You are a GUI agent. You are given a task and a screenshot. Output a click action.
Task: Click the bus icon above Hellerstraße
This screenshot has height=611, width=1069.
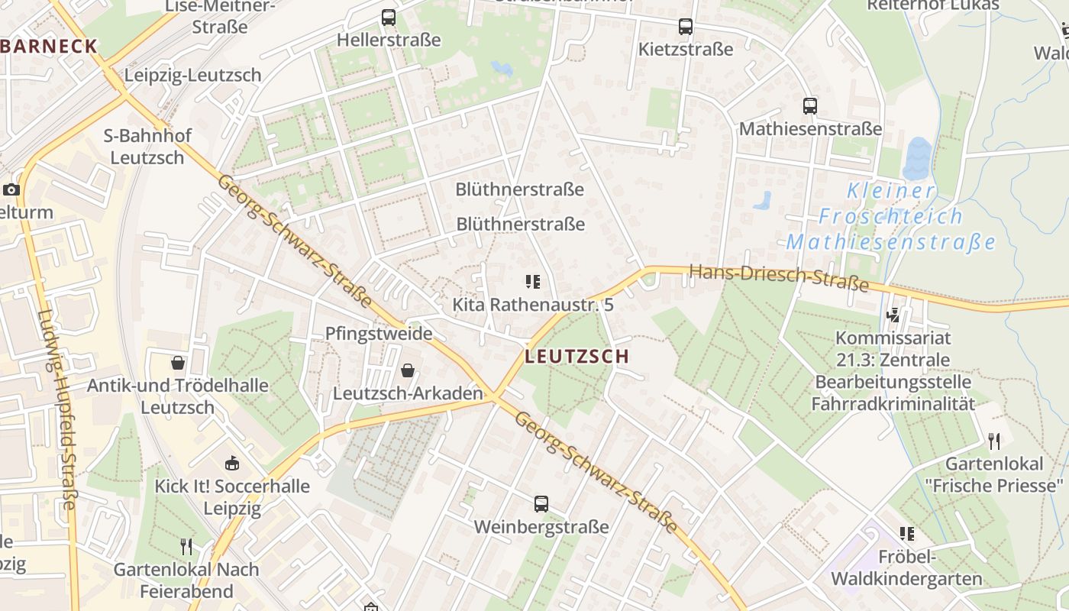pos(389,18)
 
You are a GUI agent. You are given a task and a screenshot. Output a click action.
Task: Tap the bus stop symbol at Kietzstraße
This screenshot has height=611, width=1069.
pos(686,27)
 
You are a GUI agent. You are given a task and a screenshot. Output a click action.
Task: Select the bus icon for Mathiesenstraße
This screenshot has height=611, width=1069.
pos(810,106)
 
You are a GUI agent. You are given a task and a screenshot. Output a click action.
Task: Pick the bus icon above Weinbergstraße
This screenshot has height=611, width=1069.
pos(541,504)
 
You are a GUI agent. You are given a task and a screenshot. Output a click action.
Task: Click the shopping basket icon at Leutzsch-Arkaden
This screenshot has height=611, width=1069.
pos(409,371)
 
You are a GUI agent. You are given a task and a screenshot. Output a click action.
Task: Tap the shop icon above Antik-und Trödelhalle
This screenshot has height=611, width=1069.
pos(178,363)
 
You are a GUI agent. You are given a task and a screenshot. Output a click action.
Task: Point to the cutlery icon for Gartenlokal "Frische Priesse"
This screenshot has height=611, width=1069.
pos(993,441)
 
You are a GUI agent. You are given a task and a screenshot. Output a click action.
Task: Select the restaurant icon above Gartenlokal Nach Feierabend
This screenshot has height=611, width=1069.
pos(186,546)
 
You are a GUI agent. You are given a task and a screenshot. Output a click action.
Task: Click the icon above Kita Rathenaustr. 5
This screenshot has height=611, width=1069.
pos(533,282)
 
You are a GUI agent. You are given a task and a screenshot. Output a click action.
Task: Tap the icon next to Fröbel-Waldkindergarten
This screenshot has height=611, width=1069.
pos(907,533)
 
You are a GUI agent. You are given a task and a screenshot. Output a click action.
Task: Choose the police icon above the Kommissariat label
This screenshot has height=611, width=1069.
pos(893,315)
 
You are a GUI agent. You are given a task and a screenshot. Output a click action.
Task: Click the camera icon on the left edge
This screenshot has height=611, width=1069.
pos(11,189)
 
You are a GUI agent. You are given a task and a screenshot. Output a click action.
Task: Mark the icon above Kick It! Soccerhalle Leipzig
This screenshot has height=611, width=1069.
pos(232,463)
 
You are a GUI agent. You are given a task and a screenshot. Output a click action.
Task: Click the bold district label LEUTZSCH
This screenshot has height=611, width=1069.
pos(577,357)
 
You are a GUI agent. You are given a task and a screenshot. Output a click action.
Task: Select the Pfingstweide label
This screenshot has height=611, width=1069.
pos(379,334)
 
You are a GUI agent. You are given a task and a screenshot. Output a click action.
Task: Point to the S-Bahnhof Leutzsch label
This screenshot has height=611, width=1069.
pos(147,147)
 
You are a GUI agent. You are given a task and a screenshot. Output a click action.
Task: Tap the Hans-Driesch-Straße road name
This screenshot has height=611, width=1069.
pos(779,277)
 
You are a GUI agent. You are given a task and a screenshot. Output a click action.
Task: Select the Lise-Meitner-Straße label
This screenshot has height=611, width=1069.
pos(220,16)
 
